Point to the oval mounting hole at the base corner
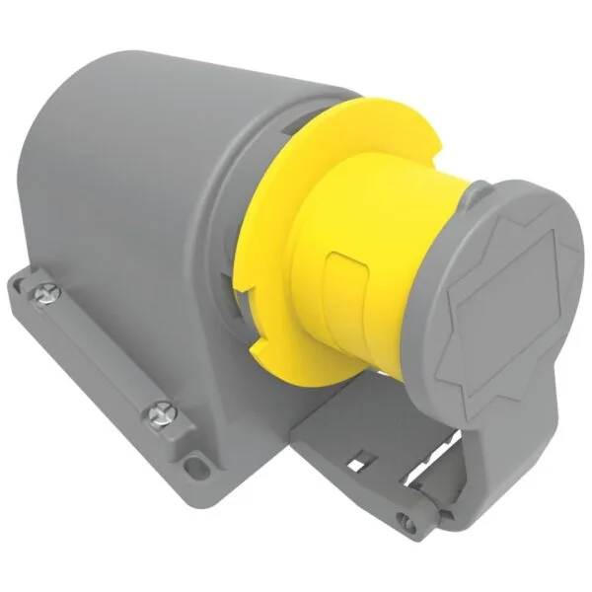pos(196,461)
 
